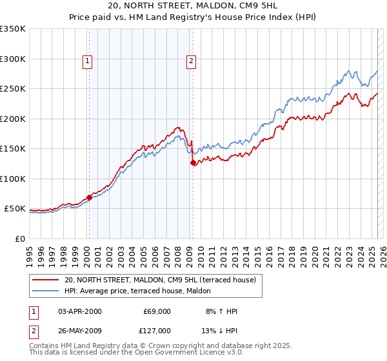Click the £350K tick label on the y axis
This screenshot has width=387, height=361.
tap(13, 29)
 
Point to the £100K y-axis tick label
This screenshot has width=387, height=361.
tap(13, 179)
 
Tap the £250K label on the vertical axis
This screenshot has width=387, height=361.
tap(13, 89)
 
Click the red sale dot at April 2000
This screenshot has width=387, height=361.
tap(90, 197)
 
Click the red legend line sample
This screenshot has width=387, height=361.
tap(46, 280)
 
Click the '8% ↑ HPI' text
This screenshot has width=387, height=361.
tap(221, 311)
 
